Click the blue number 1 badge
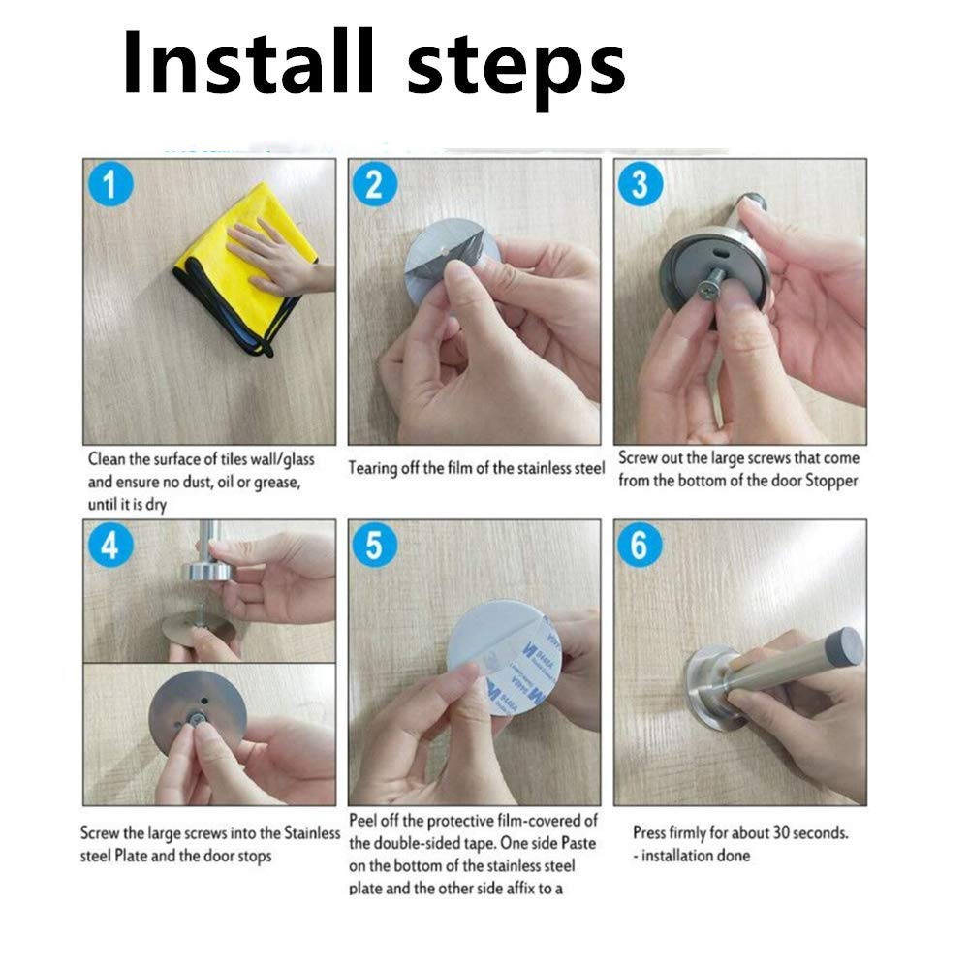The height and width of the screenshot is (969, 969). coord(110,184)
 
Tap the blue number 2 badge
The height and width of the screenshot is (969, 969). coord(374,184)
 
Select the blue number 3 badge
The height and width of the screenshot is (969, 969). coord(641,184)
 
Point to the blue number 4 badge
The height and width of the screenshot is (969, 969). coord(110,545)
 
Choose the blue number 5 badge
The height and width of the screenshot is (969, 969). coord(374,545)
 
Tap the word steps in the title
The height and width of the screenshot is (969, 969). coord(516,69)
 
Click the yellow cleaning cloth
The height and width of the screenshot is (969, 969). coord(245,267)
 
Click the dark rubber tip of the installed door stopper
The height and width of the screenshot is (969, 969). coord(845,643)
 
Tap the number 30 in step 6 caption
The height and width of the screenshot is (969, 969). coord(780,833)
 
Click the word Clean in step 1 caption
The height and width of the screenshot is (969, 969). coord(107,459)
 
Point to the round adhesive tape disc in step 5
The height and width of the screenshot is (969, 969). coord(504,665)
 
